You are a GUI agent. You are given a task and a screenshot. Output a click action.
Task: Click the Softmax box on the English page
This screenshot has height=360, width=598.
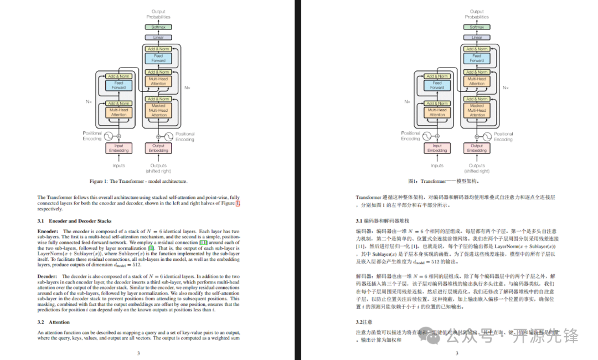158,27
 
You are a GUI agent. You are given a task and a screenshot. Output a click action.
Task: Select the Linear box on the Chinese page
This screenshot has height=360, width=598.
477,37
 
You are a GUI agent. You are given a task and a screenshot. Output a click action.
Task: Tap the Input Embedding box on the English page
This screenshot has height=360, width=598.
118,148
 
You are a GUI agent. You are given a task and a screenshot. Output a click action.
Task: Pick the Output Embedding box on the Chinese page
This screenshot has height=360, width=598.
477,148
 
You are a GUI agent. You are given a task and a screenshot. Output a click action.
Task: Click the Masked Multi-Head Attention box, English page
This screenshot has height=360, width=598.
158,110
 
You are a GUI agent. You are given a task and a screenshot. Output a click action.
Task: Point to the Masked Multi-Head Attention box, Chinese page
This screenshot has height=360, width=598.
477,110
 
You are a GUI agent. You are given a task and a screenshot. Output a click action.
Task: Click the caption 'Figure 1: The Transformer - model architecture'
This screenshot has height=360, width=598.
138,181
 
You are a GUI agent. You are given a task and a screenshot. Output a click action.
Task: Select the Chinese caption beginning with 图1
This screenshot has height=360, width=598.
444,181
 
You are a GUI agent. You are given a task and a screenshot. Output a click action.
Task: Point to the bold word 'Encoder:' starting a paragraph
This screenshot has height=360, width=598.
48,231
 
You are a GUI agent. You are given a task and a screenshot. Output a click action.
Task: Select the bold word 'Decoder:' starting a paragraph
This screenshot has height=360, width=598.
48,276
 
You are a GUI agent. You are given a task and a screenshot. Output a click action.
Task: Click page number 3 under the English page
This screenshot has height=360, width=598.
138,353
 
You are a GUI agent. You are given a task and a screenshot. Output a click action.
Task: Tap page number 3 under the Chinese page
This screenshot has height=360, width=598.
457,353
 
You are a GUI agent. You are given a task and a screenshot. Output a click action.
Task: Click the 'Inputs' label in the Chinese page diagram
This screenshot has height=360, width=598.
437,166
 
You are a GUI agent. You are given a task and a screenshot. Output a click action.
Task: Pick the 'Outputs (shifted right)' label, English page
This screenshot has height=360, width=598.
158,168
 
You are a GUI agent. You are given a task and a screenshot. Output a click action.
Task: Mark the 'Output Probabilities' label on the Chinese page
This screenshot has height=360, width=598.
477,14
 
